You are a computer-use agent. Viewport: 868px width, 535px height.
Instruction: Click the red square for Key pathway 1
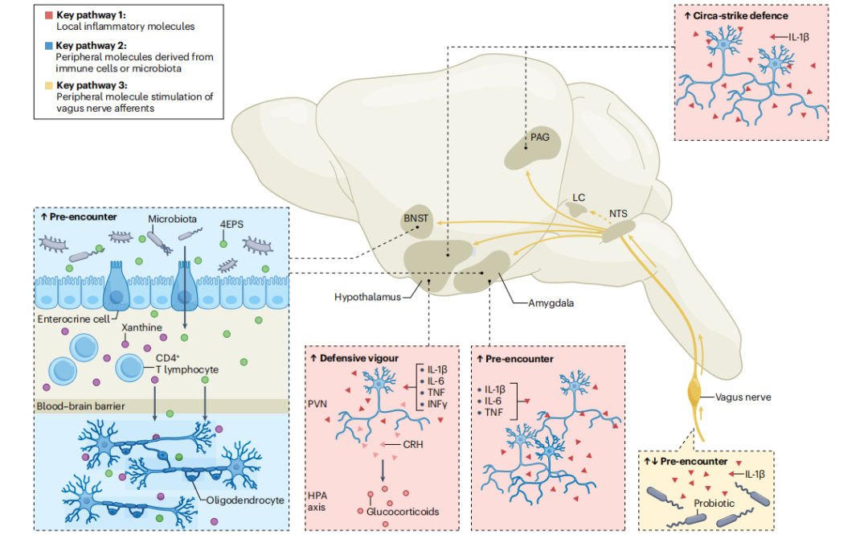49,15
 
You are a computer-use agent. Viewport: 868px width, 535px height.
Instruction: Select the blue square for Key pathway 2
49,46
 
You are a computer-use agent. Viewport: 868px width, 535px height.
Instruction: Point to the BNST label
416,218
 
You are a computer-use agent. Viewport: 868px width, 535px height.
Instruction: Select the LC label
578,196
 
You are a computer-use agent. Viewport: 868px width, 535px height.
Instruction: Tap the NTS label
618,214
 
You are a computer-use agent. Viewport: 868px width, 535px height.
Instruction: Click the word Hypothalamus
366,298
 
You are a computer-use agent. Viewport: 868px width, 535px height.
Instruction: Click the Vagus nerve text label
742,397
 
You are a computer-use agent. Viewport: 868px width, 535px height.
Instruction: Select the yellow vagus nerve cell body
696,395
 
